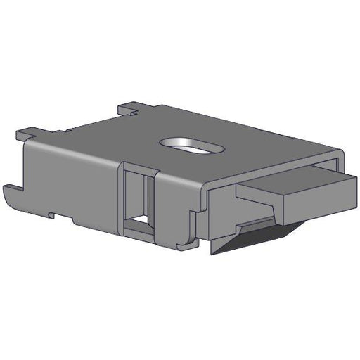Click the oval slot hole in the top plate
(x=191, y=146)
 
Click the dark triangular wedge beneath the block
(x=253, y=236)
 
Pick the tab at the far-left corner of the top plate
(x=28, y=132)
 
